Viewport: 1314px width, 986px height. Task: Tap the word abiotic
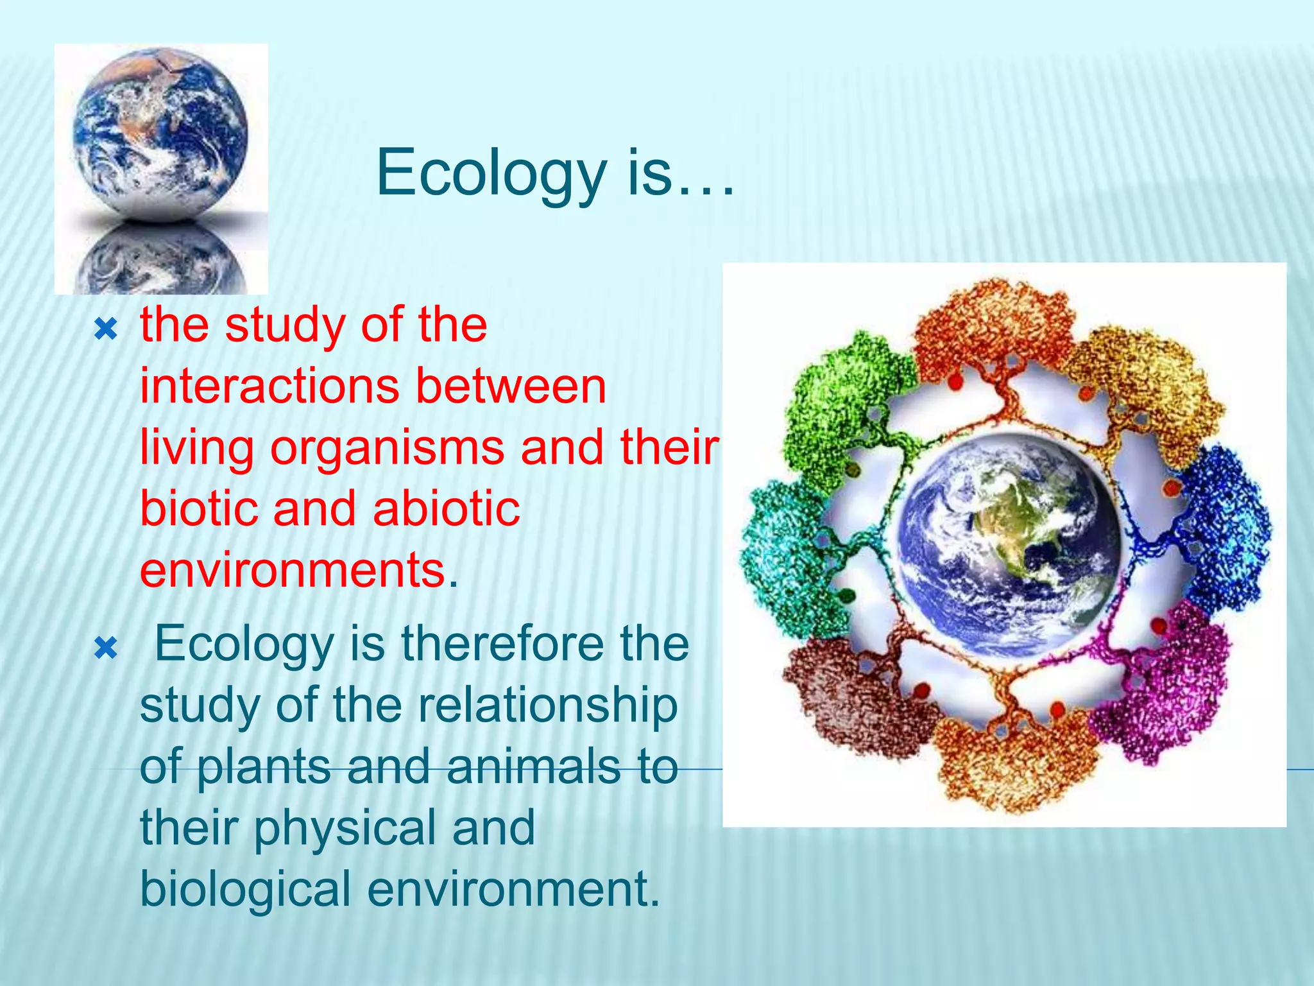coord(447,509)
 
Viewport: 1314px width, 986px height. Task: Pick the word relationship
coord(548,705)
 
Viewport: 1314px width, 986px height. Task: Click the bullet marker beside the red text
coord(106,330)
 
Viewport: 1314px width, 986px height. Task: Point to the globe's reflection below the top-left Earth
coord(161,260)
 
